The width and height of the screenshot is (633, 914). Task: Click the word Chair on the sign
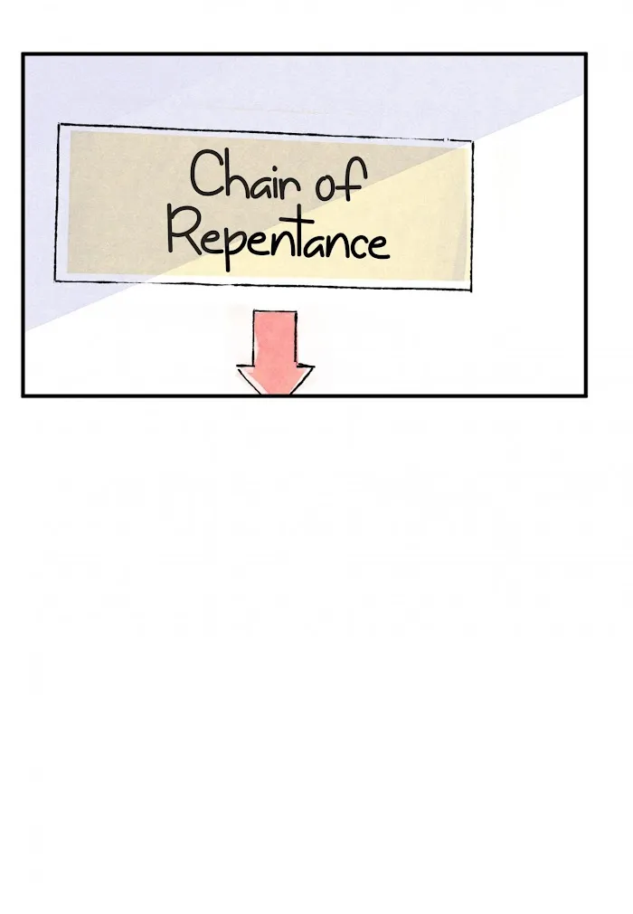[245, 175]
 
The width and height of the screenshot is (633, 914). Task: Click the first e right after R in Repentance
[209, 245]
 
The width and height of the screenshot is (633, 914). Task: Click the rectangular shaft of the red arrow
[275, 338]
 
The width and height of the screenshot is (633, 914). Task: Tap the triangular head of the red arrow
[275, 379]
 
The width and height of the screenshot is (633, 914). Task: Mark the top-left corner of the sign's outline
[59, 124]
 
